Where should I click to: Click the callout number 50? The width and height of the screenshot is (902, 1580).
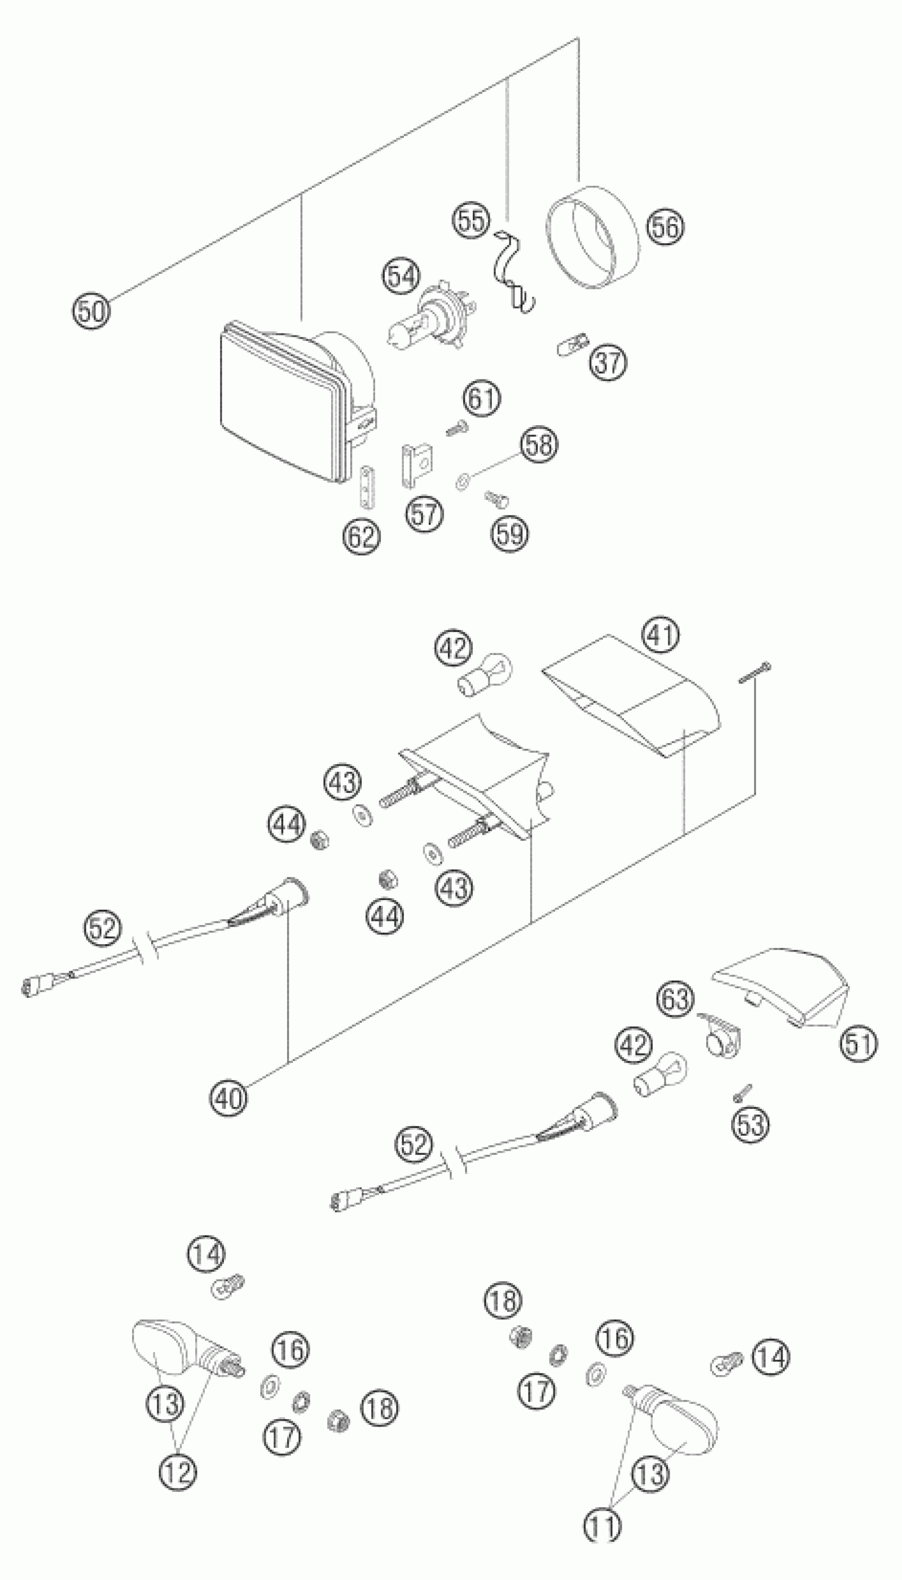(x=90, y=310)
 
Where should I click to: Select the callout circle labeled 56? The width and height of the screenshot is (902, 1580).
(x=665, y=227)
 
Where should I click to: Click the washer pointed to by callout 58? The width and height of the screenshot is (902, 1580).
(x=462, y=480)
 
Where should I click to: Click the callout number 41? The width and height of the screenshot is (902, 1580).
(x=661, y=635)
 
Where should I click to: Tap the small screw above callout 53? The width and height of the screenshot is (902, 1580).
(x=742, y=1092)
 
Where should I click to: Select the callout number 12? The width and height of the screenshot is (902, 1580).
(x=178, y=1471)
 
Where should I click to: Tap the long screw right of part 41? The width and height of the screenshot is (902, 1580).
(x=755, y=674)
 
